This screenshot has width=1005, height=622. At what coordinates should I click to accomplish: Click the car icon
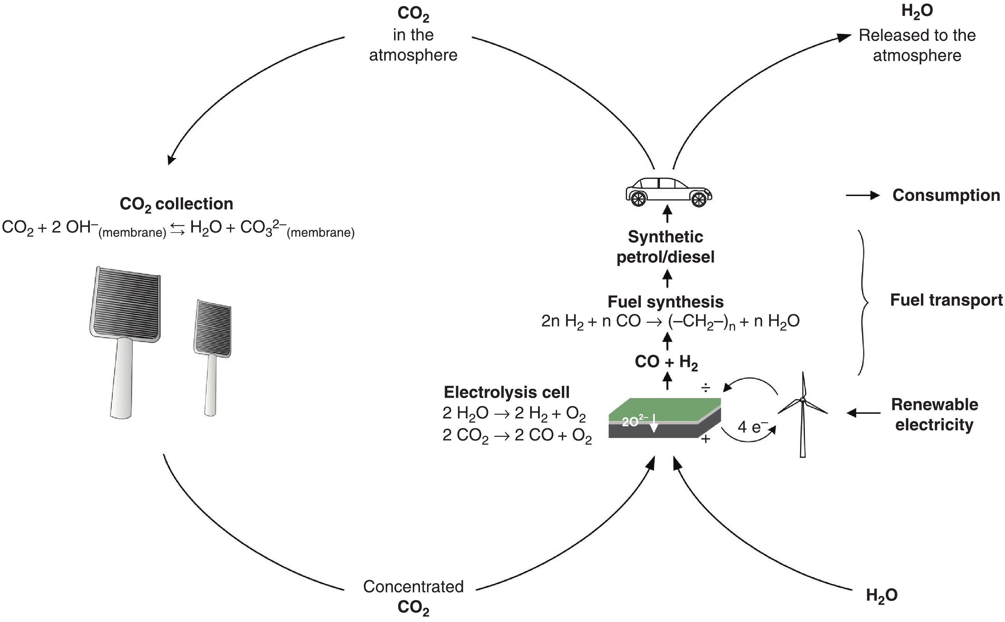pos(668,192)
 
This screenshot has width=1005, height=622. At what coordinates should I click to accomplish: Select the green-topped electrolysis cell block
pos(665,417)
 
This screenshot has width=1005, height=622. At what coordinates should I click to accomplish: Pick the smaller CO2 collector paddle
pos(212,350)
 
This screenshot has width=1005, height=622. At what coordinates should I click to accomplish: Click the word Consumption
pos(946,195)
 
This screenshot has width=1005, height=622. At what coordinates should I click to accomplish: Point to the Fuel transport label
pos(946,300)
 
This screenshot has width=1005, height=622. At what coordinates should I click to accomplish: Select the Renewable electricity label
pos(934,414)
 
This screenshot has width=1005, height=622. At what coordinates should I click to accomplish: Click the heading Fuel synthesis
pos(665,302)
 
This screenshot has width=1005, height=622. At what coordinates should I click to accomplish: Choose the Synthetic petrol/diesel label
pos(665,247)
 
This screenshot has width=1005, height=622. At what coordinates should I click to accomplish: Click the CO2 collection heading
pos(176,204)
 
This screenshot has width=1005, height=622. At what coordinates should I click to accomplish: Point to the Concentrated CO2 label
pos(413,596)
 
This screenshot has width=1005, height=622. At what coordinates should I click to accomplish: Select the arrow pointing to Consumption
pos(862,195)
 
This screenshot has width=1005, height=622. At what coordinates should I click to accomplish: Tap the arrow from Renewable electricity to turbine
pos(863,413)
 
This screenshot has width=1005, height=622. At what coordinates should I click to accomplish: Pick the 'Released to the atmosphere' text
pos(917,45)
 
